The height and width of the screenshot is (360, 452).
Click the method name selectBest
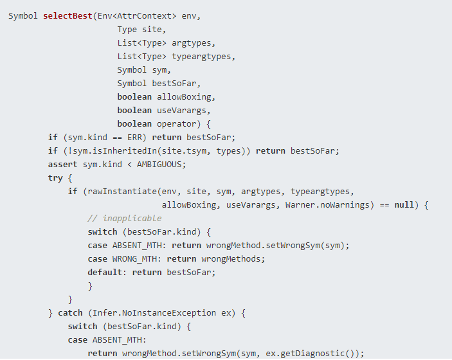(68, 15)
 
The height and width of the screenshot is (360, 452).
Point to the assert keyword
(63, 164)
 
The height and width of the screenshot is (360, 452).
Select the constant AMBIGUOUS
(161, 164)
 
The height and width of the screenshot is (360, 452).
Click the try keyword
(55, 177)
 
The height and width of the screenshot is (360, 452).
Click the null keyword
(404, 204)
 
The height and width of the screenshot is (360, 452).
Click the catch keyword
(70, 312)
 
